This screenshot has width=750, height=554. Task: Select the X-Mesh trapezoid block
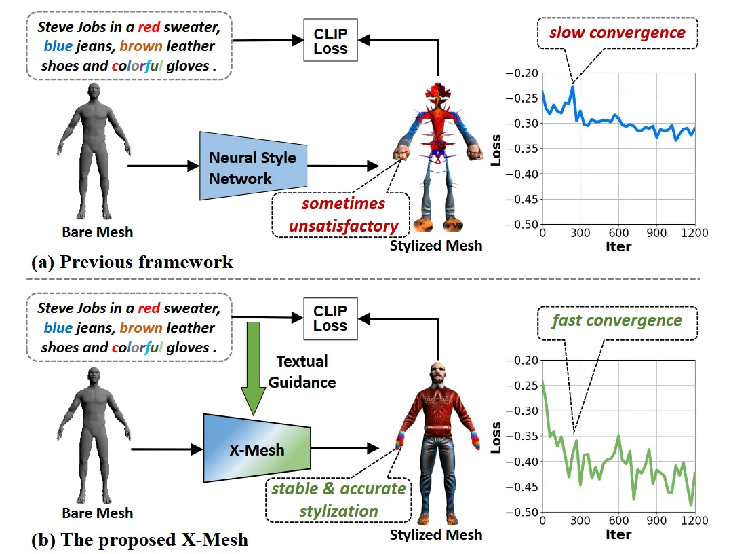(x=257, y=449)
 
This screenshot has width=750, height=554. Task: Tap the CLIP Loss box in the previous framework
(x=330, y=41)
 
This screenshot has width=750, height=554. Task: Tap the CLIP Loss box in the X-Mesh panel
(x=330, y=318)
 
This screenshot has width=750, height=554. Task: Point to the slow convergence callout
(x=616, y=33)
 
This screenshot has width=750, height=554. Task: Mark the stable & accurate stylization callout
(x=338, y=499)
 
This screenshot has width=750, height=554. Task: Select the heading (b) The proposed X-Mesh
(x=140, y=540)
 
